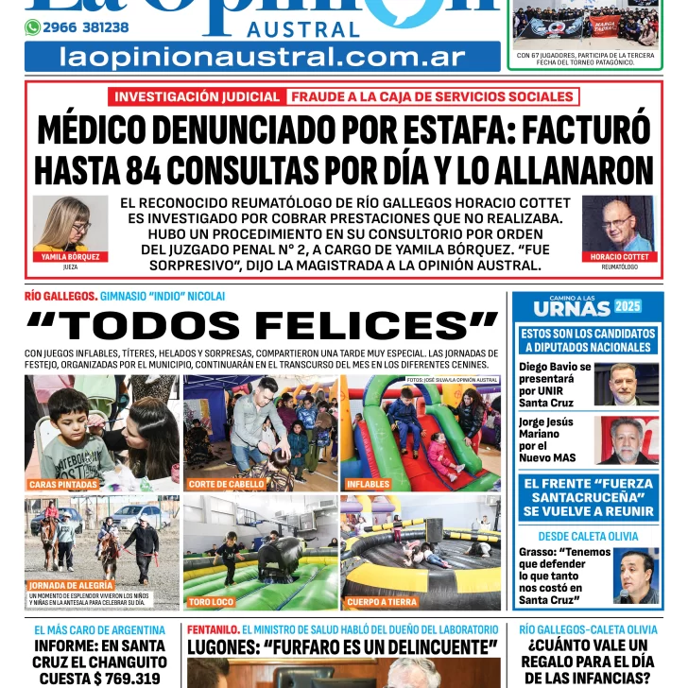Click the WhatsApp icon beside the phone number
(32, 27)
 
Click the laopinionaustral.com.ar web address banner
(262, 57)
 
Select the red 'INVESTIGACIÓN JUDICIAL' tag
(198, 96)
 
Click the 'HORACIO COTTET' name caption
(619, 257)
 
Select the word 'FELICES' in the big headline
(376, 326)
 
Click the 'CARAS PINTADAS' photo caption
(63, 484)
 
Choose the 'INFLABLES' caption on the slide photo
(369, 484)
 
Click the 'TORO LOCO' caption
(210, 601)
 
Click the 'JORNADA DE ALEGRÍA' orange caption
(72, 585)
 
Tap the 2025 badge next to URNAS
(628, 306)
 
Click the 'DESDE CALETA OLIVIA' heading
(588, 536)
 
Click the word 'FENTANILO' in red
(213, 628)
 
